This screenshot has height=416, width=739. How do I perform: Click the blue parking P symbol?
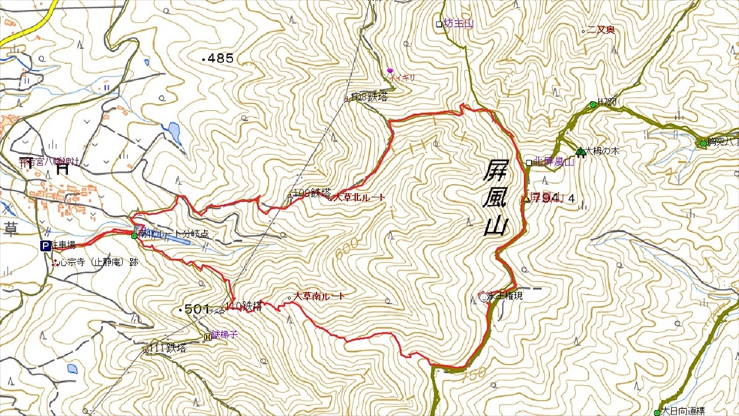pyautogui.click(x=45, y=246)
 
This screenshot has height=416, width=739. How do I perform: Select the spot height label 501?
pyautogui.click(x=193, y=310)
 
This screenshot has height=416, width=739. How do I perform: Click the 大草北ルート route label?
pyautogui.click(x=359, y=198)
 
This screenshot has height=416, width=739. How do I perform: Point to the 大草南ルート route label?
pyautogui.click(x=319, y=296)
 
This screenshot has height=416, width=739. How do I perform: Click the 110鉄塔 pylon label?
pyautogui.click(x=246, y=306)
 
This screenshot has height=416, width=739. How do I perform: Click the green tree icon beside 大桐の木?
pyautogui.click(x=579, y=151)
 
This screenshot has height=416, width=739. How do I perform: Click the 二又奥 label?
pyautogui.click(x=601, y=30)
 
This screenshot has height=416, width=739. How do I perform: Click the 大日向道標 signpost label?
pyautogui.click(x=687, y=411)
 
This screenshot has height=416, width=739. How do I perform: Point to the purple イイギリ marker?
pyautogui.click(x=390, y=70)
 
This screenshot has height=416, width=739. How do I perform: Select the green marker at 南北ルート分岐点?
pyautogui.click(x=133, y=235)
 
